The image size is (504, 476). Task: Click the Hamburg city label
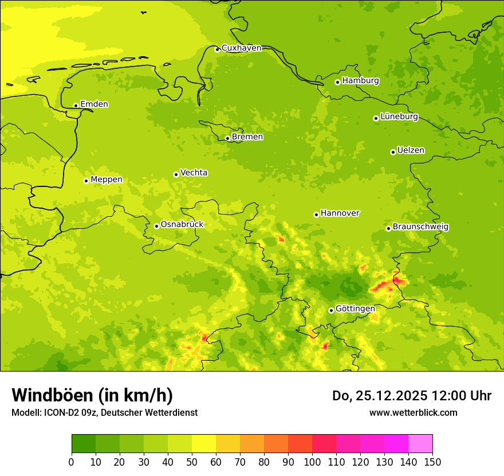(x=360, y=81)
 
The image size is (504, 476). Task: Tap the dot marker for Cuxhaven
(x=217, y=49)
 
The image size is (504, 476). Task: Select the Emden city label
(x=94, y=104)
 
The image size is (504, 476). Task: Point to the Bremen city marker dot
(x=227, y=138)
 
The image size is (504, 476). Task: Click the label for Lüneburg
(x=399, y=116)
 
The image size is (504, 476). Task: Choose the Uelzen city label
(x=411, y=151)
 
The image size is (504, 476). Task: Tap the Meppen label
(x=107, y=180)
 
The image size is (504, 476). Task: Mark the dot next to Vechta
(x=176, y=174)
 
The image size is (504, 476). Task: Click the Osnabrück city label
(x=182, y=225)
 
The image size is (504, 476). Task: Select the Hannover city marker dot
(x=316, y=214)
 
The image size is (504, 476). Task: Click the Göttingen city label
(x=355, y=309)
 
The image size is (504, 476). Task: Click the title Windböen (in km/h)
(x=92, y=395)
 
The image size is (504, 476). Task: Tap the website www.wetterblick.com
(x=413, y=412)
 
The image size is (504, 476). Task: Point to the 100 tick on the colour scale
(x=312, y=462)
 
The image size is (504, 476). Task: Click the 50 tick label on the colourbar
(x=192, y=462)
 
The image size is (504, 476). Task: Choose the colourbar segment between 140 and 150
(x=420, y=444)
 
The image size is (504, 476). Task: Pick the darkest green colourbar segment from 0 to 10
(x=84, y=444)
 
